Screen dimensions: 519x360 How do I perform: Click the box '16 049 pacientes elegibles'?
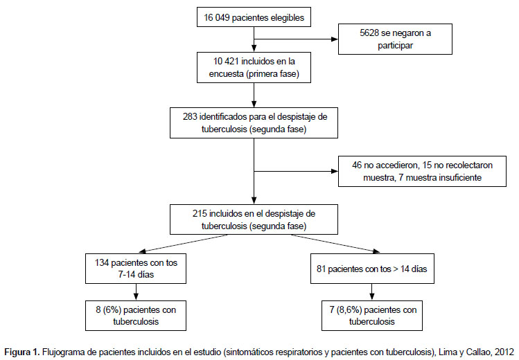click(254, 17)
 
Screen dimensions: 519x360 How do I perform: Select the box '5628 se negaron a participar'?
click(395, 39)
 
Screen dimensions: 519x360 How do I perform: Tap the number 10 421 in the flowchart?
click(226, 62)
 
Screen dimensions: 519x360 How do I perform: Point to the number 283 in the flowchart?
click(190, 117)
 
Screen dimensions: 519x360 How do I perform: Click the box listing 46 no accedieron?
click(422, 171)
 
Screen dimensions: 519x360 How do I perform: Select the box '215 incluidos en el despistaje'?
click(254, 219)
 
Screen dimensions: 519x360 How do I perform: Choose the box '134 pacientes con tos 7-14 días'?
click(136, 269)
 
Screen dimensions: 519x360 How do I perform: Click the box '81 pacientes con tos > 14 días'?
click(372, 269)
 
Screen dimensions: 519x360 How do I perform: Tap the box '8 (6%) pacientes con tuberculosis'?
click(136, 316)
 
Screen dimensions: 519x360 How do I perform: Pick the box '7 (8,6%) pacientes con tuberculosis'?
click(372, 316)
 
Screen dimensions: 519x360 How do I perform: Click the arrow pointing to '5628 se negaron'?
click(296, 39)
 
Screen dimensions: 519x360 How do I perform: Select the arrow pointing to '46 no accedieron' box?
click(296, 171)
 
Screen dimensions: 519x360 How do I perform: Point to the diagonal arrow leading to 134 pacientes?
click(184, 244)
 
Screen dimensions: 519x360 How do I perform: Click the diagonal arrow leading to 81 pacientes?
click(335, 244)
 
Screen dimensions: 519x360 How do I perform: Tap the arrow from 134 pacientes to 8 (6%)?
click(136, 292)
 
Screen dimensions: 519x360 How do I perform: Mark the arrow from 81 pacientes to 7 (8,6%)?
click(372, 292)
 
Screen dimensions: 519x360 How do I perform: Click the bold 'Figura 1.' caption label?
click(22, 352)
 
